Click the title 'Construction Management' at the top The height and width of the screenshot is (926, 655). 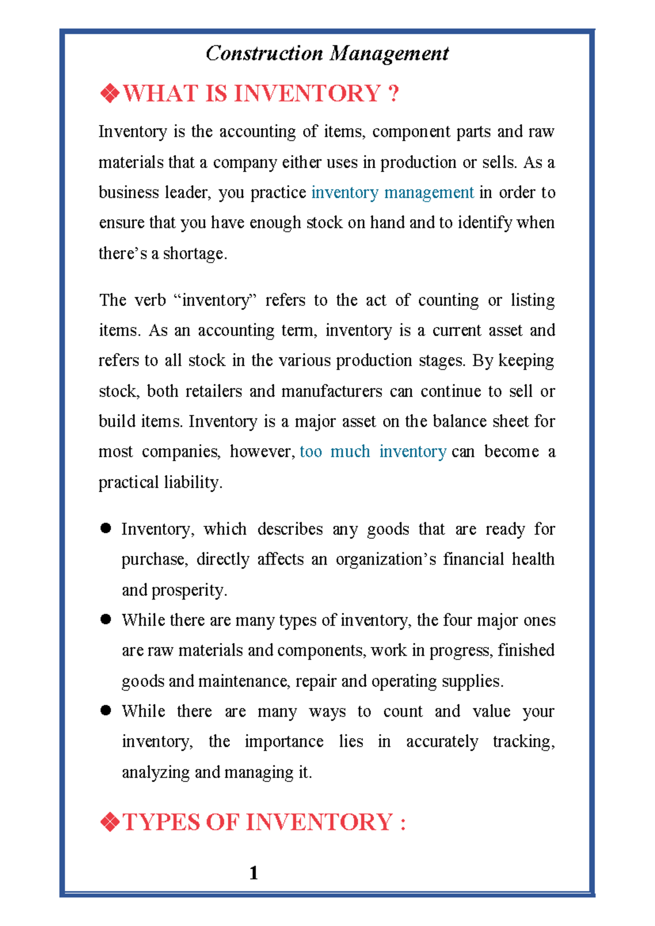(x=327, y=54)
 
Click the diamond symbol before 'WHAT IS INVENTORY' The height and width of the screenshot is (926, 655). (x=110, y=93)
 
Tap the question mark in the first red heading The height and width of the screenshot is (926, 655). (x=394, y=93)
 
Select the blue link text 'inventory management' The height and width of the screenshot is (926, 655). (x=392, y=193)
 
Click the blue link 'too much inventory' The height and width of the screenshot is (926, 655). (x=373, y=452)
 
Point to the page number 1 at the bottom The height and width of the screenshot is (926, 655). (x=253, y=873)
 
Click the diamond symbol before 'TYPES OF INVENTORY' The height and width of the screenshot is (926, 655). (x=110, y=822)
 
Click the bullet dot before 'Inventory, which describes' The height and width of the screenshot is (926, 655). (x=106, y=528)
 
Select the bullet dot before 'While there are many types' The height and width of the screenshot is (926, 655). (x=106, y=619)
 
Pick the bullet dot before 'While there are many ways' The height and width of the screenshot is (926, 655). (x=106, y=710)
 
